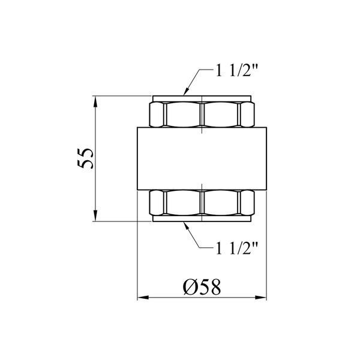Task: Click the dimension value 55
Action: pos(85,158)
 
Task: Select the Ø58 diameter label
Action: pos(202,287)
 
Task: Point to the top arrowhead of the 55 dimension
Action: pos(96,101)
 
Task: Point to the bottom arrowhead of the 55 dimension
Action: pos(96,216)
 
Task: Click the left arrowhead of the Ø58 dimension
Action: pos(143,298)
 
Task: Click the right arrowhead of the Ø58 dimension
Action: pos(261,298)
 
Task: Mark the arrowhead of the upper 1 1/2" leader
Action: pos(186,91)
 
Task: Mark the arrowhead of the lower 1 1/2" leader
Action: pos(186,226)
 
